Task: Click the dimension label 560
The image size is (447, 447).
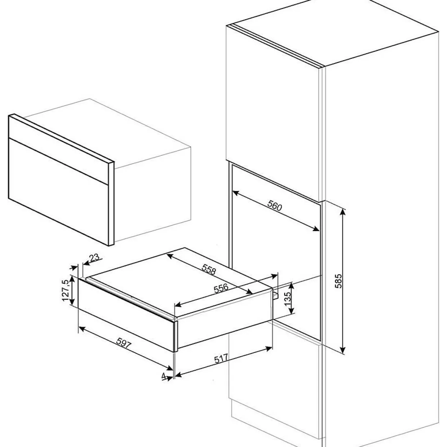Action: (x=274, y=205)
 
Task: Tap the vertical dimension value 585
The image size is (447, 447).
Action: (x=339, y=281)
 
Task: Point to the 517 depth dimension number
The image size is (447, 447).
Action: (x=222, y=366)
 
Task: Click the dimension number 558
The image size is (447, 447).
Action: (x=209, y=270)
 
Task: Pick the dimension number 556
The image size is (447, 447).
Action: (x=221, y=288)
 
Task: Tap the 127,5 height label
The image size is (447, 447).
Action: (x=66, y=290)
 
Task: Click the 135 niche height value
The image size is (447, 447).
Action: (x=287, y=299)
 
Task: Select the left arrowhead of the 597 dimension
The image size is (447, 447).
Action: (x=83, y=329)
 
